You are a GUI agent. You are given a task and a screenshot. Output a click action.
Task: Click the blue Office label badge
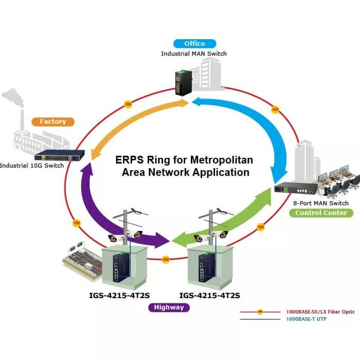point(194,44)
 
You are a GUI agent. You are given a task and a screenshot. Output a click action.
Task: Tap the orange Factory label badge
point(53,122)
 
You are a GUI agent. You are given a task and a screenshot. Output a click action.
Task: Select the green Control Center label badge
point(321,212)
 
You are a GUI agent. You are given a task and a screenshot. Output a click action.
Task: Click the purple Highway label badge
point(169,307)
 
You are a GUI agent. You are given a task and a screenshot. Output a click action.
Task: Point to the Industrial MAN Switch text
point(194,54)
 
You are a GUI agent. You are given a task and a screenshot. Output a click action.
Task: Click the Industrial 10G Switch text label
point(32,166)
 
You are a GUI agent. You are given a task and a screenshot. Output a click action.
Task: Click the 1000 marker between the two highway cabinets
point(166,259)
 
